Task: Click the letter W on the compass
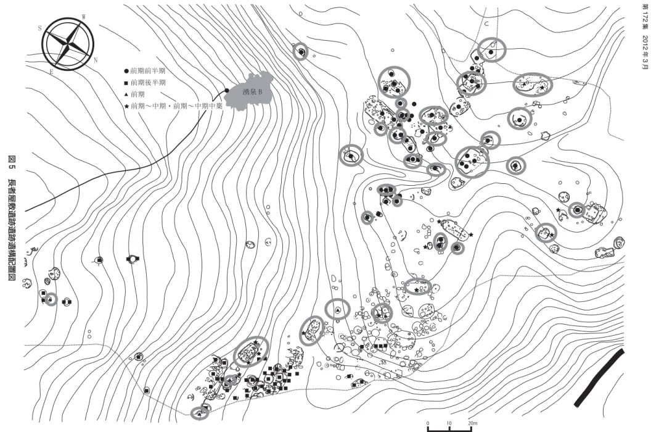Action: coord(84,17)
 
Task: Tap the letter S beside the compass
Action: coord(40,28)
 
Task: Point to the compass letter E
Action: coord(52,72)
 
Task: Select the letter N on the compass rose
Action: coord(96,60)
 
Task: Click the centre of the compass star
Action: coord(67,44)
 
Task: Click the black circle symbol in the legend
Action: coord(126,71)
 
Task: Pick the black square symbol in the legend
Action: coord(126,83)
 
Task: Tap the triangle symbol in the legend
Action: coord(126,94)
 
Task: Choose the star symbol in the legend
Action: coord(126,106)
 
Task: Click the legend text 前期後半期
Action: coord(148,83)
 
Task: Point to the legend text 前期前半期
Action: coord(148,71)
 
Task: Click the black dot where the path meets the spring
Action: coord(227,90)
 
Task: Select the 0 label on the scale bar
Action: coord(428,424)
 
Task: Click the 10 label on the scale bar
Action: coord(449,424)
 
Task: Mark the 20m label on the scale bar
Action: coord(473,424)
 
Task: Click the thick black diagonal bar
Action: coord(599,378)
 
